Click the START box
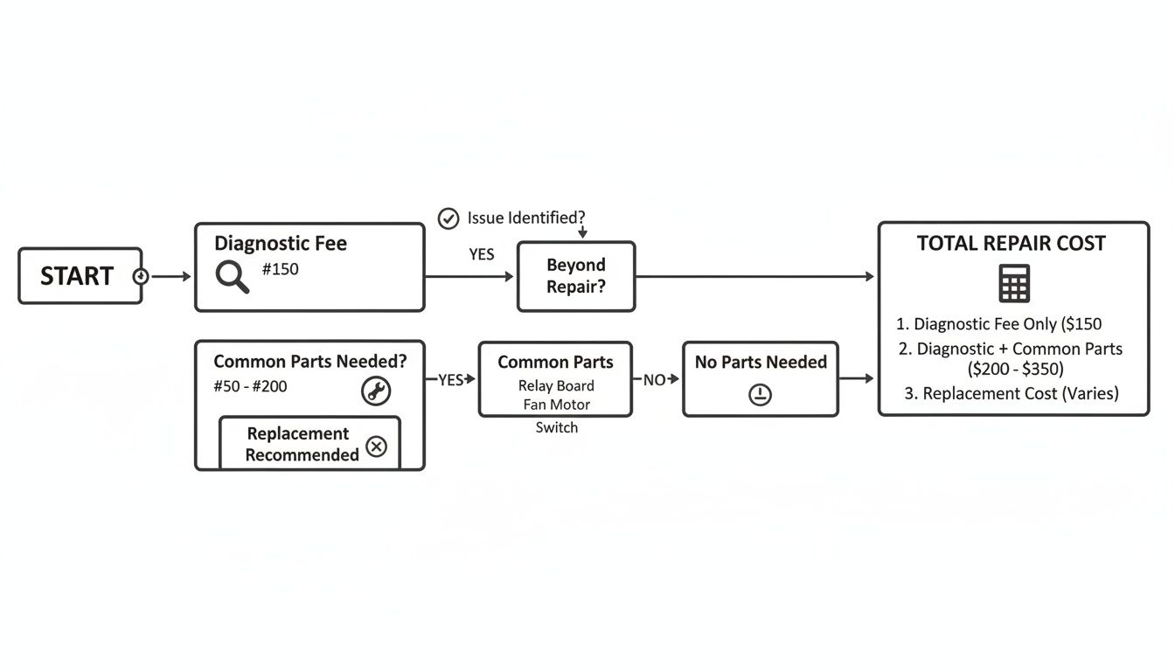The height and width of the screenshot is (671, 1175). click(80, 276)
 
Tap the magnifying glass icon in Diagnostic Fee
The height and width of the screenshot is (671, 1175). click(233, 277)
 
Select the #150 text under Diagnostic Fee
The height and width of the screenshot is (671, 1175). click(280, 269)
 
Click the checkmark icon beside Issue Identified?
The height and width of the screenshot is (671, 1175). click(448, 218)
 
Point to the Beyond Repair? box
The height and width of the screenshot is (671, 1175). click(576, 276)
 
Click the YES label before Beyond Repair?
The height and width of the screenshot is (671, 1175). click(482, 254)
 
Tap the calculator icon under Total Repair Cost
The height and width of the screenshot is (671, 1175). click(1013, 283)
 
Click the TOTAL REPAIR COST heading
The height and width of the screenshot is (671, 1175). click(1012, 244)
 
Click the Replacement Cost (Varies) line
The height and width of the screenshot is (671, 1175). click(1012, 393)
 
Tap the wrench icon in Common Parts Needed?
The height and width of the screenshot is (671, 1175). click(376, 391)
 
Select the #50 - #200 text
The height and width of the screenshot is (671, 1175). click(250, 386)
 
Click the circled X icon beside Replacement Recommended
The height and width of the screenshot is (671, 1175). click(376, 446)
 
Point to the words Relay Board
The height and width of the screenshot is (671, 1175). click(556, 385)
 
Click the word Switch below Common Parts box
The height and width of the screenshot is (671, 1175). click(556, 427)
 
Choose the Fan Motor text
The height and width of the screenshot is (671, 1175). click(556, 405)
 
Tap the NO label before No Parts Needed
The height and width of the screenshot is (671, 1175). click(654, 380)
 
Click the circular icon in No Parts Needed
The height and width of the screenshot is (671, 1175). click(760, 395)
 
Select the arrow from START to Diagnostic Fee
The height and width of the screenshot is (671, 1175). click(170, 276)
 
